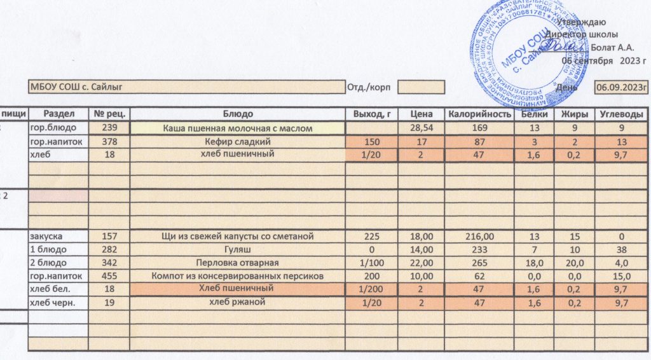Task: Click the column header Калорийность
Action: point(479,114)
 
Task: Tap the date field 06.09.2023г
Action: point(620,87)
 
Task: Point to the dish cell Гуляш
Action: point(238,249)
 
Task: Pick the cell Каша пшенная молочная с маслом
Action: point(238,128)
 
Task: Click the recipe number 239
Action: point(110,128)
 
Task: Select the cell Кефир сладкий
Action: point(238,141)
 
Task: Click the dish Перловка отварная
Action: point(238,263)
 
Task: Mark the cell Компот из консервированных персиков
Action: point(238,276)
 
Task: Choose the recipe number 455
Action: point(110,276)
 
